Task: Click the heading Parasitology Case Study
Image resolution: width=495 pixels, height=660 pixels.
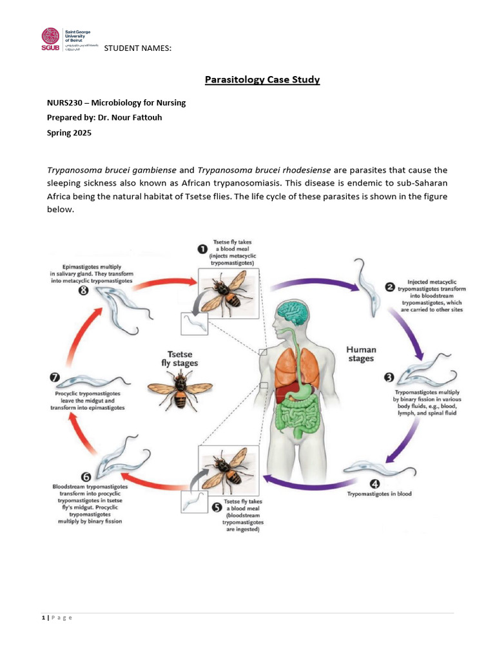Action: click(x=262, y=80)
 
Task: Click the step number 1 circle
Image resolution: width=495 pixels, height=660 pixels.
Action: click(x=202, y=249)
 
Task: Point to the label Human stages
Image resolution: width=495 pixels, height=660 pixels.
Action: click(x=361, y=354)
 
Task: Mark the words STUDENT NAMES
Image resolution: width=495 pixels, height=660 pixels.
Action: click(x=137, y=49)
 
